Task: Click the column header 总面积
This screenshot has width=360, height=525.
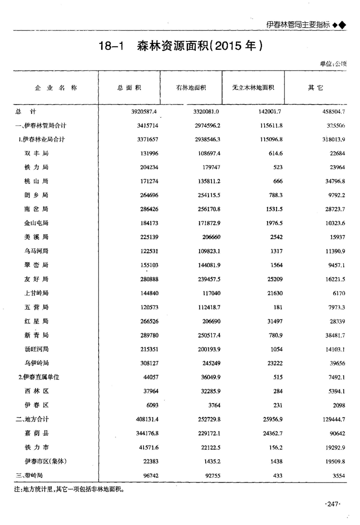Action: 130,88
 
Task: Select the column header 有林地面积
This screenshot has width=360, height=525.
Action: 191,88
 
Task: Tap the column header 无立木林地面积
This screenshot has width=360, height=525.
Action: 253,88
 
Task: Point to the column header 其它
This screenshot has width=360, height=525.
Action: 315,88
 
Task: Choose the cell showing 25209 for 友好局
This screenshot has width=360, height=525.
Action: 273,279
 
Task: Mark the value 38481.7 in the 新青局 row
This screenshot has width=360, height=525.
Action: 333,335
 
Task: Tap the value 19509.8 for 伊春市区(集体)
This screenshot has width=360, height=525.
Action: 333,461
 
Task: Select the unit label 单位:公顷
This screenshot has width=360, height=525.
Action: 333,64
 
